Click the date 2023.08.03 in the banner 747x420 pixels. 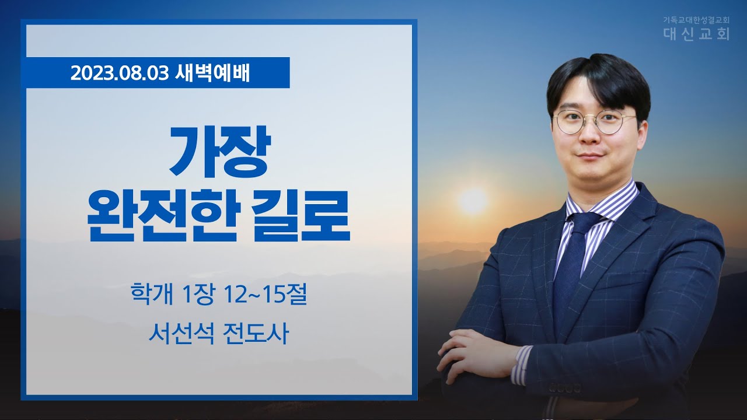(x=120, y=73)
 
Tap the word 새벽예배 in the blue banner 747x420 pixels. (x=212, y=73)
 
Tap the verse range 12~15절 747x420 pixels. (x=266, y=295)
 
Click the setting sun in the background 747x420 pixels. (x=473, y=201)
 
